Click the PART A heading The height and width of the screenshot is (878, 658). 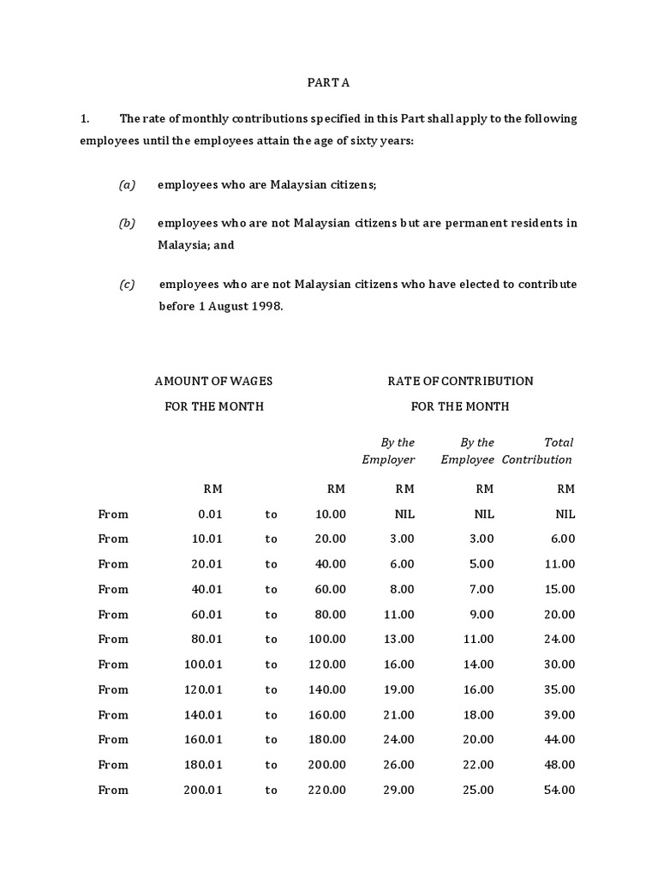329,83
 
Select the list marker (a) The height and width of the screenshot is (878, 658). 127,185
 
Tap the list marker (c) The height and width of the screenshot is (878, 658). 127,285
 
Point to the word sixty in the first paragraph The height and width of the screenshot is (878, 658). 356,140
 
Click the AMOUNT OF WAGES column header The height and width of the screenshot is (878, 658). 213,381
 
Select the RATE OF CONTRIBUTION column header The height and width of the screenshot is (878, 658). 460,381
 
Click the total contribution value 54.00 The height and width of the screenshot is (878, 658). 560,790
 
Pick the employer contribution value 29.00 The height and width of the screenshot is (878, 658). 399,790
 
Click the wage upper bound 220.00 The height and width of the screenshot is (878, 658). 327,790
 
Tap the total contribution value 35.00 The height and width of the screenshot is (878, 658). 560,689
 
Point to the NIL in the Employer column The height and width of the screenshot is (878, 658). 404,514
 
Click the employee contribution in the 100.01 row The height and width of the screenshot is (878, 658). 479,665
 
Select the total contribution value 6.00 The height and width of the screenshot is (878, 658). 563,539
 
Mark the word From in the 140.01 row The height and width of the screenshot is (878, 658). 113,714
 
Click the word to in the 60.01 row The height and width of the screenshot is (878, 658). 271,615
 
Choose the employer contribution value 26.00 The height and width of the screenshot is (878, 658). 399,765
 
